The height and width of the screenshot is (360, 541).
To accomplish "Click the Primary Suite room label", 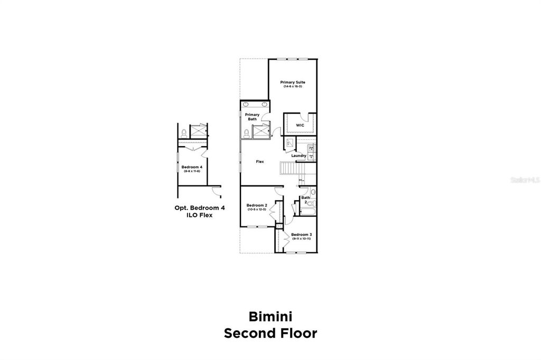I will [293, 82].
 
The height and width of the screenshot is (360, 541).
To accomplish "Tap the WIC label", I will [300, 125].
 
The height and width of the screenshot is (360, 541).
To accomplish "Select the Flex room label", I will [260, 162].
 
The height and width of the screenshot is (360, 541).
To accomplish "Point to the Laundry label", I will [299, 156].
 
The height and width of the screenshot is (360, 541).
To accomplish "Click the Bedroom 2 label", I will [257, 205].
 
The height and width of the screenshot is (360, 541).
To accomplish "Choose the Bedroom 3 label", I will [301, 234].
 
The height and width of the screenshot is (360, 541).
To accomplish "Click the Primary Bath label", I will [252, 117].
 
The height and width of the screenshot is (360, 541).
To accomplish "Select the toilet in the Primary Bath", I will [246, 132].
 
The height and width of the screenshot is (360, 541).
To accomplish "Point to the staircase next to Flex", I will [289, 169].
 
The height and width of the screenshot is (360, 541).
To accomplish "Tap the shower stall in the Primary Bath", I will [260, 132].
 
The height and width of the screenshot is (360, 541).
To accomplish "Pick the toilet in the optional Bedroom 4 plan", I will [184, 132].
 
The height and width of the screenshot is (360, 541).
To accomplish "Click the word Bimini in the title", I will [270, 317].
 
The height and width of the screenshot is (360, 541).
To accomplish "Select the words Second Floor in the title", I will [270, 334].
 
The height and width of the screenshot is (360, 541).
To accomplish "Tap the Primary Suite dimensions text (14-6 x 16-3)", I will [293, 87].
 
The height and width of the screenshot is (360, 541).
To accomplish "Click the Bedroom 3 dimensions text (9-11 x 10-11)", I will [301, 239].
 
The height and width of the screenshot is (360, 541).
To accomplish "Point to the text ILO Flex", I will [200, 215].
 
